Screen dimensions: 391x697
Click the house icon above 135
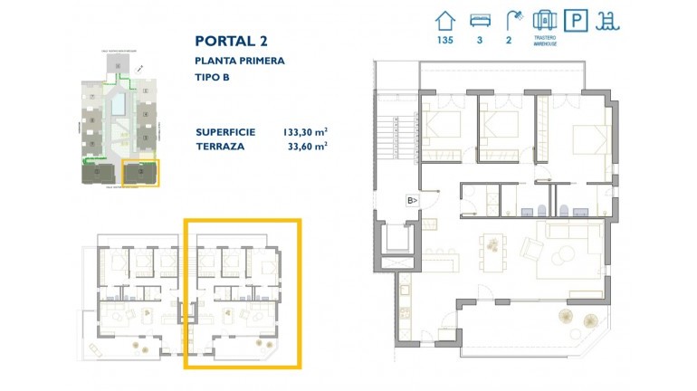[444, 19]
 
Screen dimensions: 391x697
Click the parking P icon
[574, 20]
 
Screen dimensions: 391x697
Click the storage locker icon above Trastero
[544, 19]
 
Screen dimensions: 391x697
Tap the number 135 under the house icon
[444, 40]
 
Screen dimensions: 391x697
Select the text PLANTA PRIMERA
[240, 61]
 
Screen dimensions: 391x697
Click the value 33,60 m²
[307, 145]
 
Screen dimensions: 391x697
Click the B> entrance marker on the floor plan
[412, 201]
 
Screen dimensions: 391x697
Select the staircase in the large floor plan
[396, 140]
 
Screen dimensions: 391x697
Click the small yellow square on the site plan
[140, 173]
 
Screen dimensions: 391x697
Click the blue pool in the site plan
[119, 109]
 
